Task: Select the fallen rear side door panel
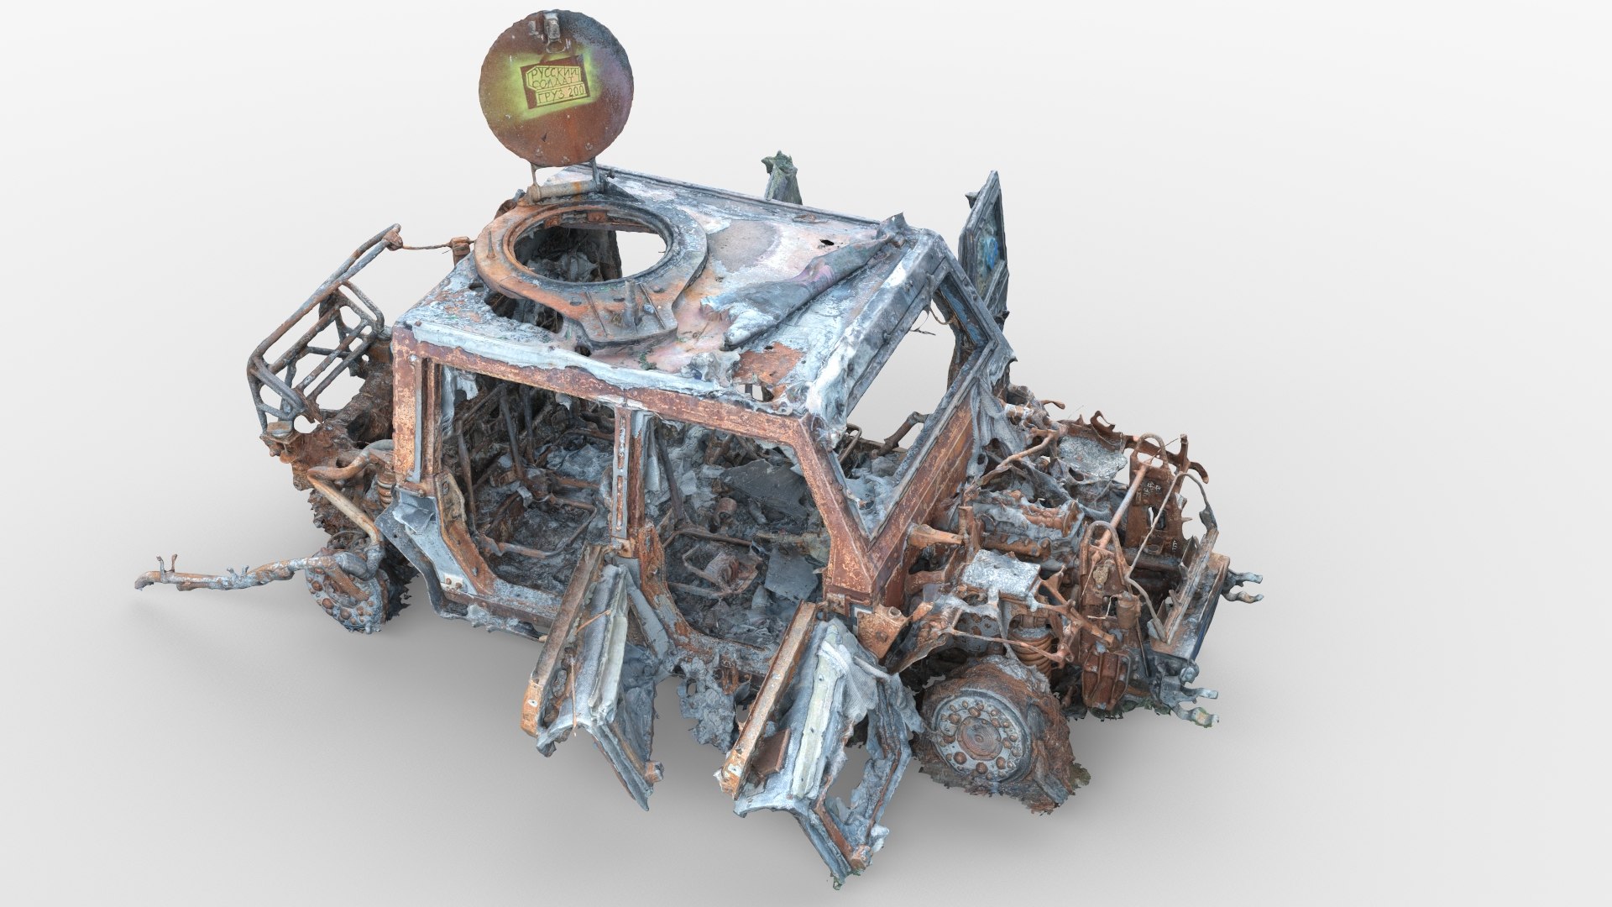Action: pyautogui.click(x=588, y=663)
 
